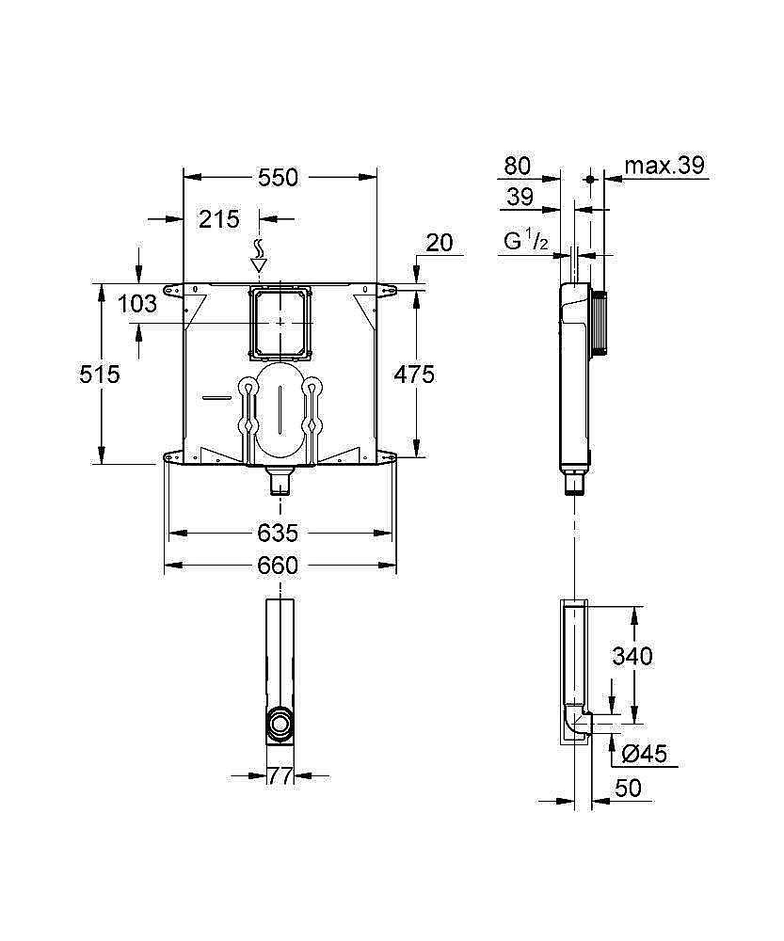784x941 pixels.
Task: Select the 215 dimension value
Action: (x=218, y=219)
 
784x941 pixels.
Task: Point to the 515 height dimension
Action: (x=100, y=374)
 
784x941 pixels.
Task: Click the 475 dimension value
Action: (x=414, y=375)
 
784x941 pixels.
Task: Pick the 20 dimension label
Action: (x=439, y=243)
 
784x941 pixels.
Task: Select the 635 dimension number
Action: (x=278, y=534)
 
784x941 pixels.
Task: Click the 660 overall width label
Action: (x=278, y=566)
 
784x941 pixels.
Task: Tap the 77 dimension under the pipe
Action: (x=280, y=776)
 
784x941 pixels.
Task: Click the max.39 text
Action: (x=665, y=167)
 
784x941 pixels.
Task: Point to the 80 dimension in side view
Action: (x=518, y=167)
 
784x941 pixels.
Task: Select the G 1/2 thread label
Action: (x=526, y=242)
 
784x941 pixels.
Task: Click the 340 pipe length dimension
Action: (x=632, y=656)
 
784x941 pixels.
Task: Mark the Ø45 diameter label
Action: (x=645, y=753)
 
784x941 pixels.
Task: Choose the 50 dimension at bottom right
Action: (x=628, y=788)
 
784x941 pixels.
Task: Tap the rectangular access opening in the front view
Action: (x=279, y=322)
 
